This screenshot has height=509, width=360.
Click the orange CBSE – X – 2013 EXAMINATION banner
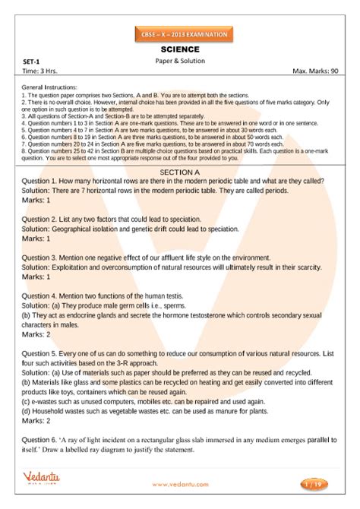click(x=179, y=35)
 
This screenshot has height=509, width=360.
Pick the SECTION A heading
click(x=179, y=172)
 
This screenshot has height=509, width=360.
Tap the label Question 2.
click(x=43, y=218)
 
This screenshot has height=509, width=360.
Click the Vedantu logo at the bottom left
click(x=43, y=483)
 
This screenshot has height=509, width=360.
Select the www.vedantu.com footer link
click(x=179, y=484)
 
